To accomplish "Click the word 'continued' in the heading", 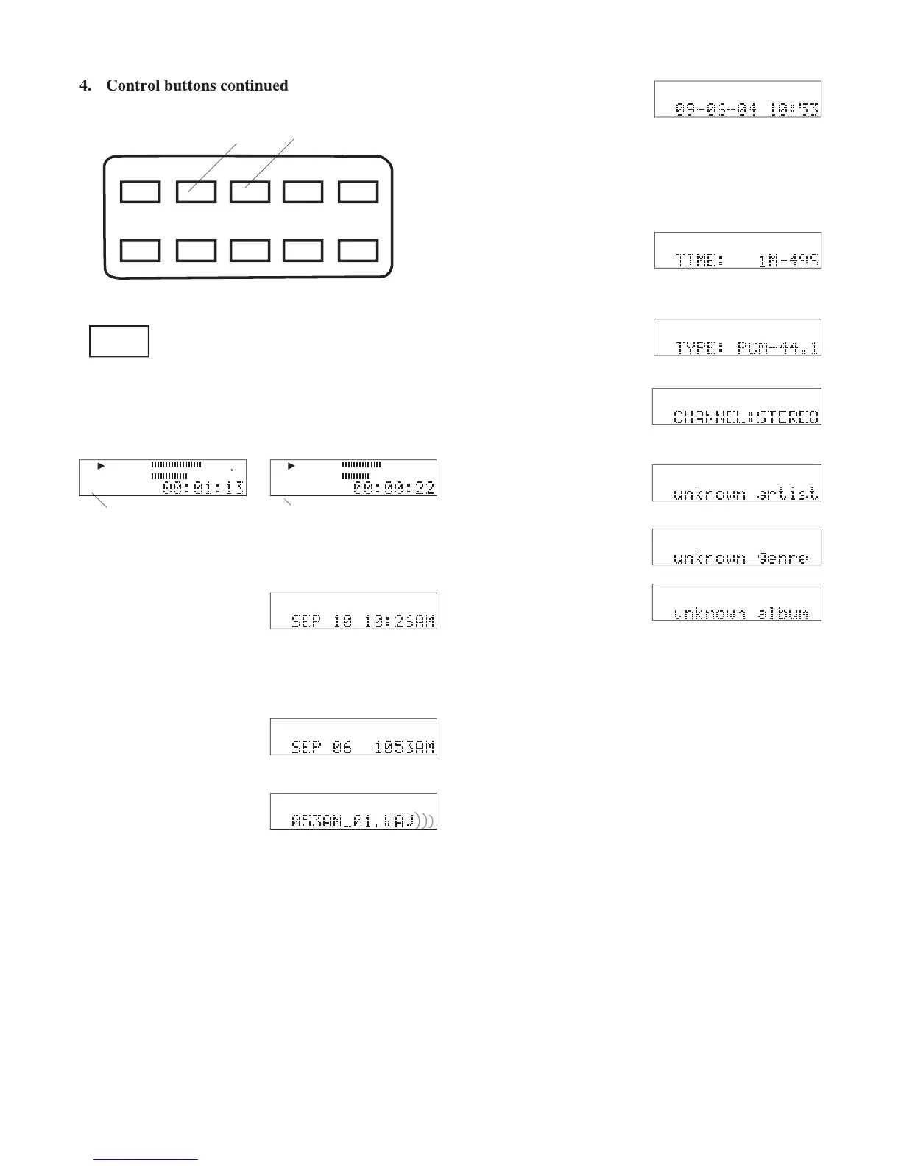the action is tap(250, 85).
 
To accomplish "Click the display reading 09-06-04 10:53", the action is tap(738, 99).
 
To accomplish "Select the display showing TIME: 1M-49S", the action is tap(738, 250).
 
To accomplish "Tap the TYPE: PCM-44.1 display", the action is tap(738, 338).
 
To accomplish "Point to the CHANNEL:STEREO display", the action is tap(737, 407).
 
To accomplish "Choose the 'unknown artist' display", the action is tap(737, 484).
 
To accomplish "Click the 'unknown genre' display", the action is tap(737, 548).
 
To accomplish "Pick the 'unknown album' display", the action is tap(737, 603).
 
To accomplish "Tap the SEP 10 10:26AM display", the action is tap(353, 612).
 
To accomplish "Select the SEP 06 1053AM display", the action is tap(353, 738).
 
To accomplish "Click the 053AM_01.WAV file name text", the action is tap(353, 820).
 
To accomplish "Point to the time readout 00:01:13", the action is tap(203, 487).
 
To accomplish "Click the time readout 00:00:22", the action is tap(394, 487).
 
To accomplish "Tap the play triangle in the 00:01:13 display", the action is tap(102, 466).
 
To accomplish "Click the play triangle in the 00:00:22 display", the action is tap(291, 466).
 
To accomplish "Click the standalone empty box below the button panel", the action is tap(119, 342).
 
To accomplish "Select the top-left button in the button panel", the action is tap(141, 192).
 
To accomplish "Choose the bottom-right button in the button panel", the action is tap(358, 251).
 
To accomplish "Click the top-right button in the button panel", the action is tap(358, 192).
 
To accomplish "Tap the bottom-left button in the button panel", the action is tap(141, 251).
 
